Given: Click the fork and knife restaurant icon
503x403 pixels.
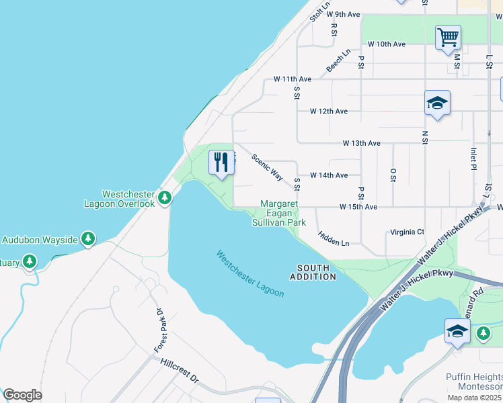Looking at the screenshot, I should coord(221,162).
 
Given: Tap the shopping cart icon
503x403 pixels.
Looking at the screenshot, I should coord(448,37).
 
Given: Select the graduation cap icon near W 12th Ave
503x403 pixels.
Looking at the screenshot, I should coord(437,103).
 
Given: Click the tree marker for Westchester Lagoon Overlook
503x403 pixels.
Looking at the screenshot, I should coord(165,197).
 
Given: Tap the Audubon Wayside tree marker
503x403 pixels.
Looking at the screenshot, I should coord(87,238).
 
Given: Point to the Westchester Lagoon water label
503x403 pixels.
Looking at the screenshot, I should coord(250,273).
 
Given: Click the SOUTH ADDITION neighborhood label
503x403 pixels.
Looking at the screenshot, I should coord(313,272).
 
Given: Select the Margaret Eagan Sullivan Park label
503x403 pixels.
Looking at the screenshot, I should coord(283,213).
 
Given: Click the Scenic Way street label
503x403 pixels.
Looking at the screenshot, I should coord(267,167).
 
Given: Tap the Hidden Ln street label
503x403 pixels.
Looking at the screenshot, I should coord(334,238).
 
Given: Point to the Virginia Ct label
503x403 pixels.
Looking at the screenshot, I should coord(407,232).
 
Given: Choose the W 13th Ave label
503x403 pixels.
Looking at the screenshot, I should coord(361,143).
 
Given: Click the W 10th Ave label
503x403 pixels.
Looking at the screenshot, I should coord(386,44).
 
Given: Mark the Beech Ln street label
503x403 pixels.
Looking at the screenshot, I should coord(339,61).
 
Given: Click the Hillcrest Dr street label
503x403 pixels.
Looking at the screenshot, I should coord(180,370).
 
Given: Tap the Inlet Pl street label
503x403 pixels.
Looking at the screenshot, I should coord(473,159).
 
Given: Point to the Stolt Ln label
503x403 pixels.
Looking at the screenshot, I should coord(321,11).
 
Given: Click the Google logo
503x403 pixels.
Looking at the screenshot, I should coord(23,395).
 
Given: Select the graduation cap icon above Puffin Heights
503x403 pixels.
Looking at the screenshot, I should coord(457,331).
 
